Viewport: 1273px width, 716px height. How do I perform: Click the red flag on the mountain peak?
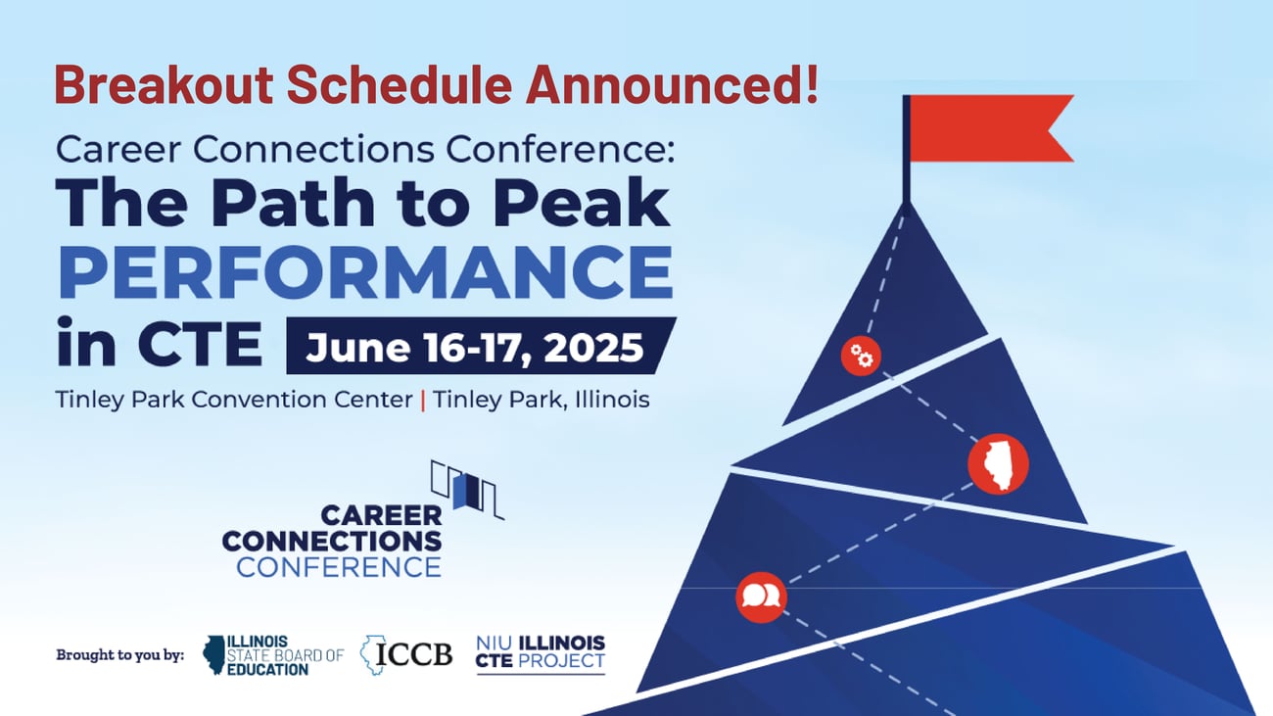(989, 128)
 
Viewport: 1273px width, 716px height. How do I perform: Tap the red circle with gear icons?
(861, 357)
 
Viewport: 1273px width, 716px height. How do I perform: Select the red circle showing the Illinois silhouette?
(998, 464)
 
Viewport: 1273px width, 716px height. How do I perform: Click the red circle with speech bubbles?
(761, 597)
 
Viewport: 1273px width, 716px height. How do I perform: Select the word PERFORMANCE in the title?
(365, 275)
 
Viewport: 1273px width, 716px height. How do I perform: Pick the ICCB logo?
(406, 652)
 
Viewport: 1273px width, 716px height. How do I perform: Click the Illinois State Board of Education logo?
(272, 654)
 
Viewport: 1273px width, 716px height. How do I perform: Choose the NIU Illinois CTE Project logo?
(540, 652)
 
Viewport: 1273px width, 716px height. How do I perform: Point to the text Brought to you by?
(120, 654)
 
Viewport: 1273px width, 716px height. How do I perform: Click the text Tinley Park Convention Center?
(233, 401)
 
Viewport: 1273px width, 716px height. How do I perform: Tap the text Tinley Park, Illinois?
(542, 401)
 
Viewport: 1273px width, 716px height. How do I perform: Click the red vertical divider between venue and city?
(422, 401)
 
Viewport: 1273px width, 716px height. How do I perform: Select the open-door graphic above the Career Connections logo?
(468, 487)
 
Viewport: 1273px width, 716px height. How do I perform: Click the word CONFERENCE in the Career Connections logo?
(338, 566)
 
